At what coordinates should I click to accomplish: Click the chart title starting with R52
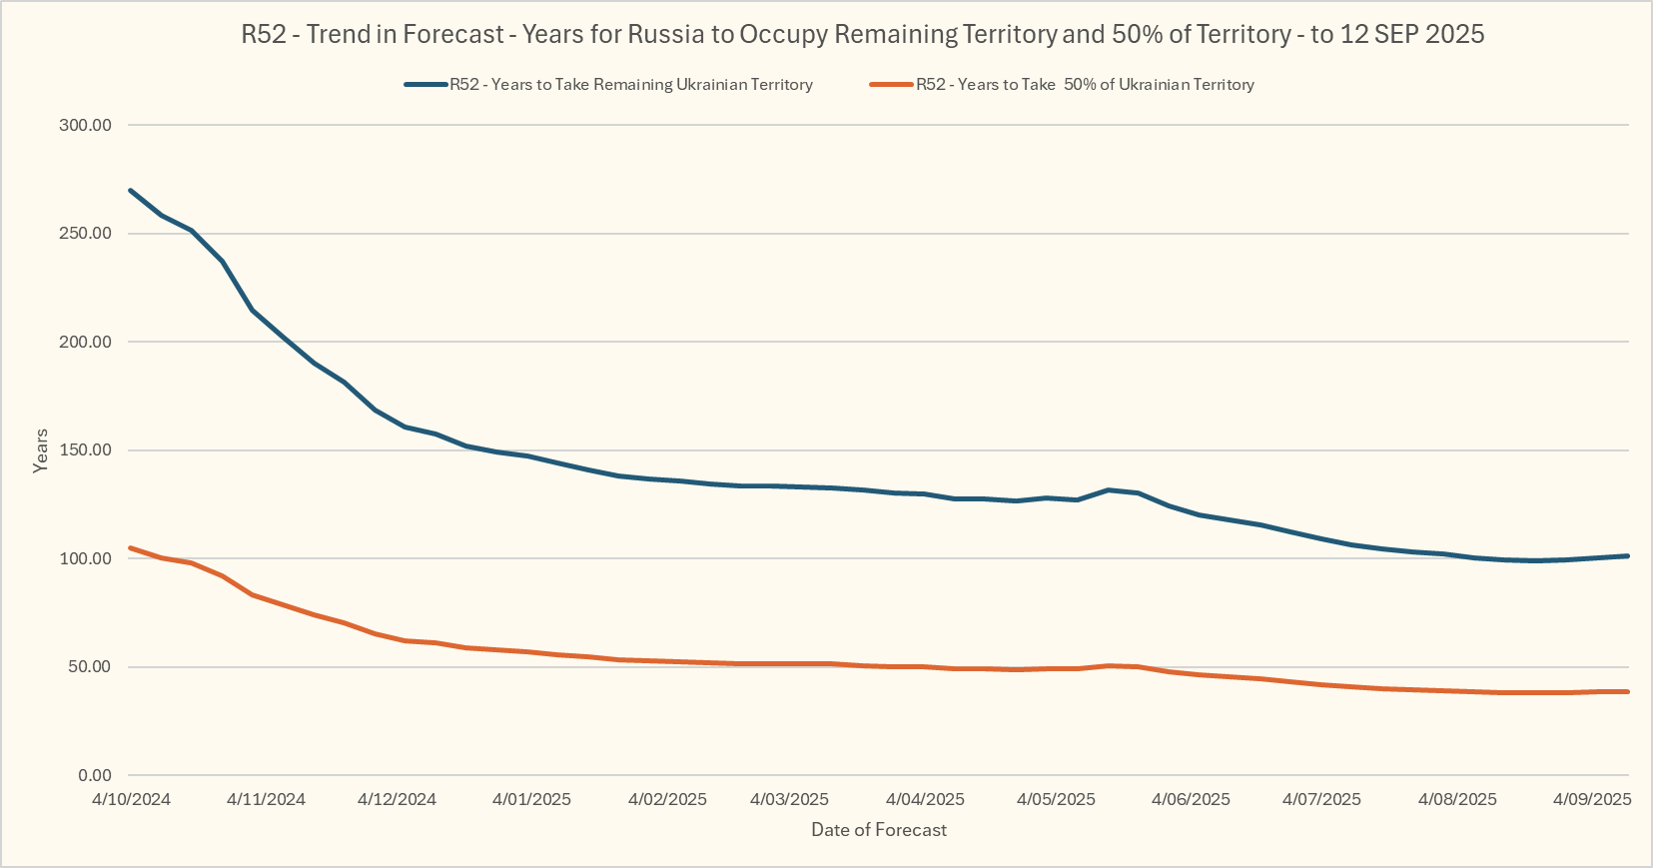pyautogui.click(x=862, y=34)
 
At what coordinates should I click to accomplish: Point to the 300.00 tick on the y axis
pyautogui.click(x=86, y=125)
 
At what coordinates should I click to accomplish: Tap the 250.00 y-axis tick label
pyautogui.click(x=86, y=234)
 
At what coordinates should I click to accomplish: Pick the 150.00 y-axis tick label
pyautogui.click(x=86, y=450)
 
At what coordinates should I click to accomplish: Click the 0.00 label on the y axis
pyautogui.click(x=94, y=775)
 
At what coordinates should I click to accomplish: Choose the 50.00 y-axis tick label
pyautogui.click(x=90, y=667)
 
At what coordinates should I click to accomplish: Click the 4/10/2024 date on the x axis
pyautogui.click(x=131, y=799)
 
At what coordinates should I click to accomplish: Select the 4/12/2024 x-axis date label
pyautogui.click(x=397, y=799)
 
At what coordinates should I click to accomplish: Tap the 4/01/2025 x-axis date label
pyautogui.click(x=531, y=799)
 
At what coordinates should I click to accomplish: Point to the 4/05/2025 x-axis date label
pyautogui.click(x=1056, y=799)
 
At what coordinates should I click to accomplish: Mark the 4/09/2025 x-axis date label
pyautogui.click(x=1592, y=799)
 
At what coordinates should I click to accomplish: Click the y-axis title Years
pyautogui.click(x=40, y=450)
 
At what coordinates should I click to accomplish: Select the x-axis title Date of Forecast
pyautogui.click(x=879, y=830)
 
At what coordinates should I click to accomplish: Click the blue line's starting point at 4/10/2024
pyautogui.click(x=131, y=190)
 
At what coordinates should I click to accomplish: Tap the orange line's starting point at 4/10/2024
pyautogui.click(x=131, y=547)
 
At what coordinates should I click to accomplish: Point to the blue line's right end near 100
pyautogui.click(x=1627, y=556)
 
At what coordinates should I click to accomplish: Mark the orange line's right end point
pyautogui.click(x=1627, y=691)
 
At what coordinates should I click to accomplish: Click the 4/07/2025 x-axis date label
pyautogui.click(x=1321, y=799)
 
